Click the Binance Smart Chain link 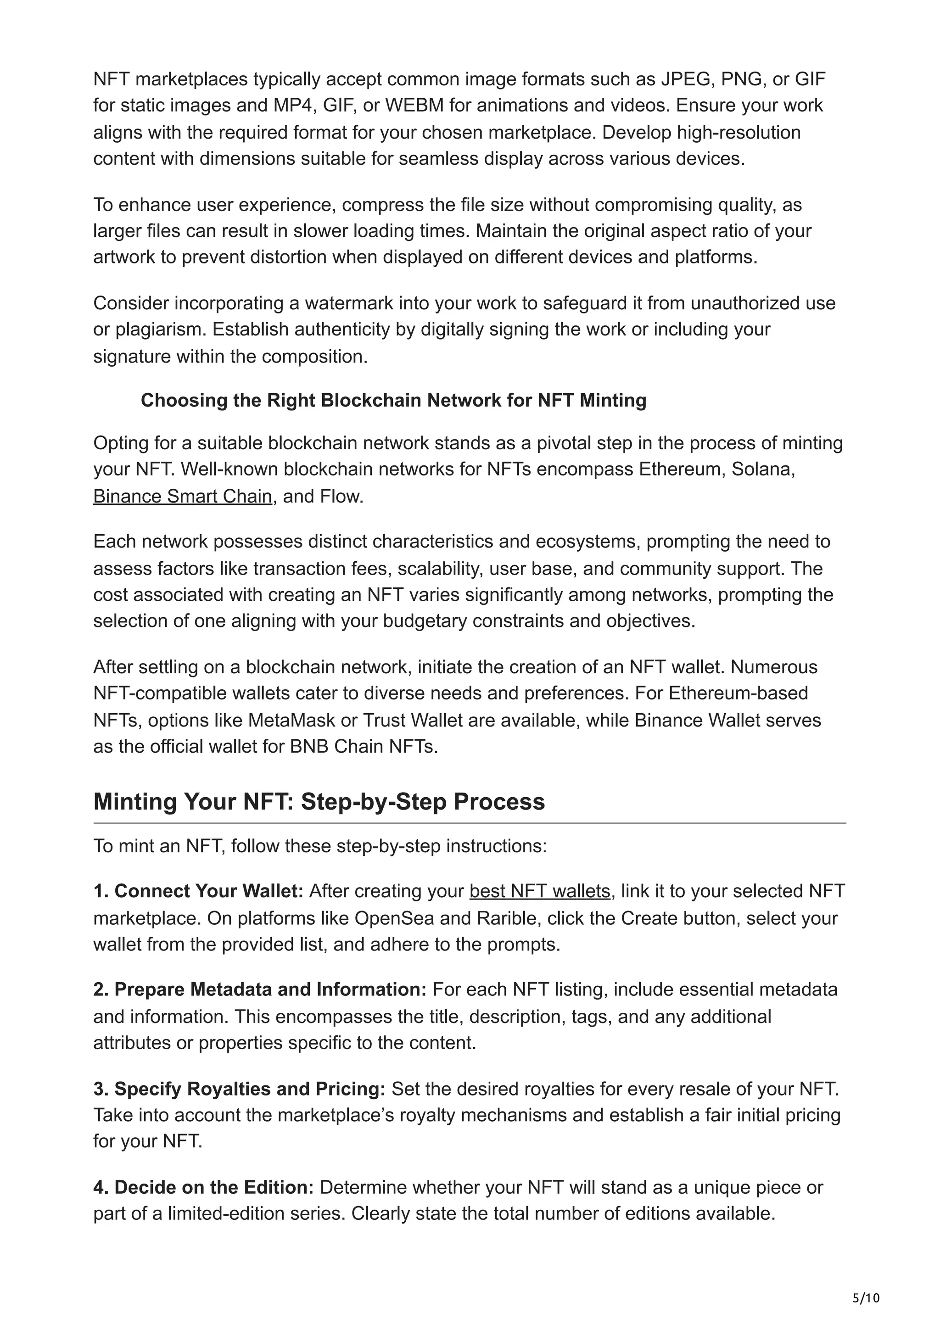pyautogui.click(x=182, y=497)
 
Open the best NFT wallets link pyautogui.click(x=540, y=891)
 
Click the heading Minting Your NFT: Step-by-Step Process pyautogui.click(x=319, y=802)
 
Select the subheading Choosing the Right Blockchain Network pyautogui.click(x=393, y=400)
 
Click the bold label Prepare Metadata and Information pyautogui.click(x=259, y=989)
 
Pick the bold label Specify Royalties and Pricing pyautogui.click(x=239, y=1089)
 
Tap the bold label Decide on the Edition pyautogui.click(x=203, y=1188)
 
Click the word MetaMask pyautogui.click(x=292, y=720)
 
